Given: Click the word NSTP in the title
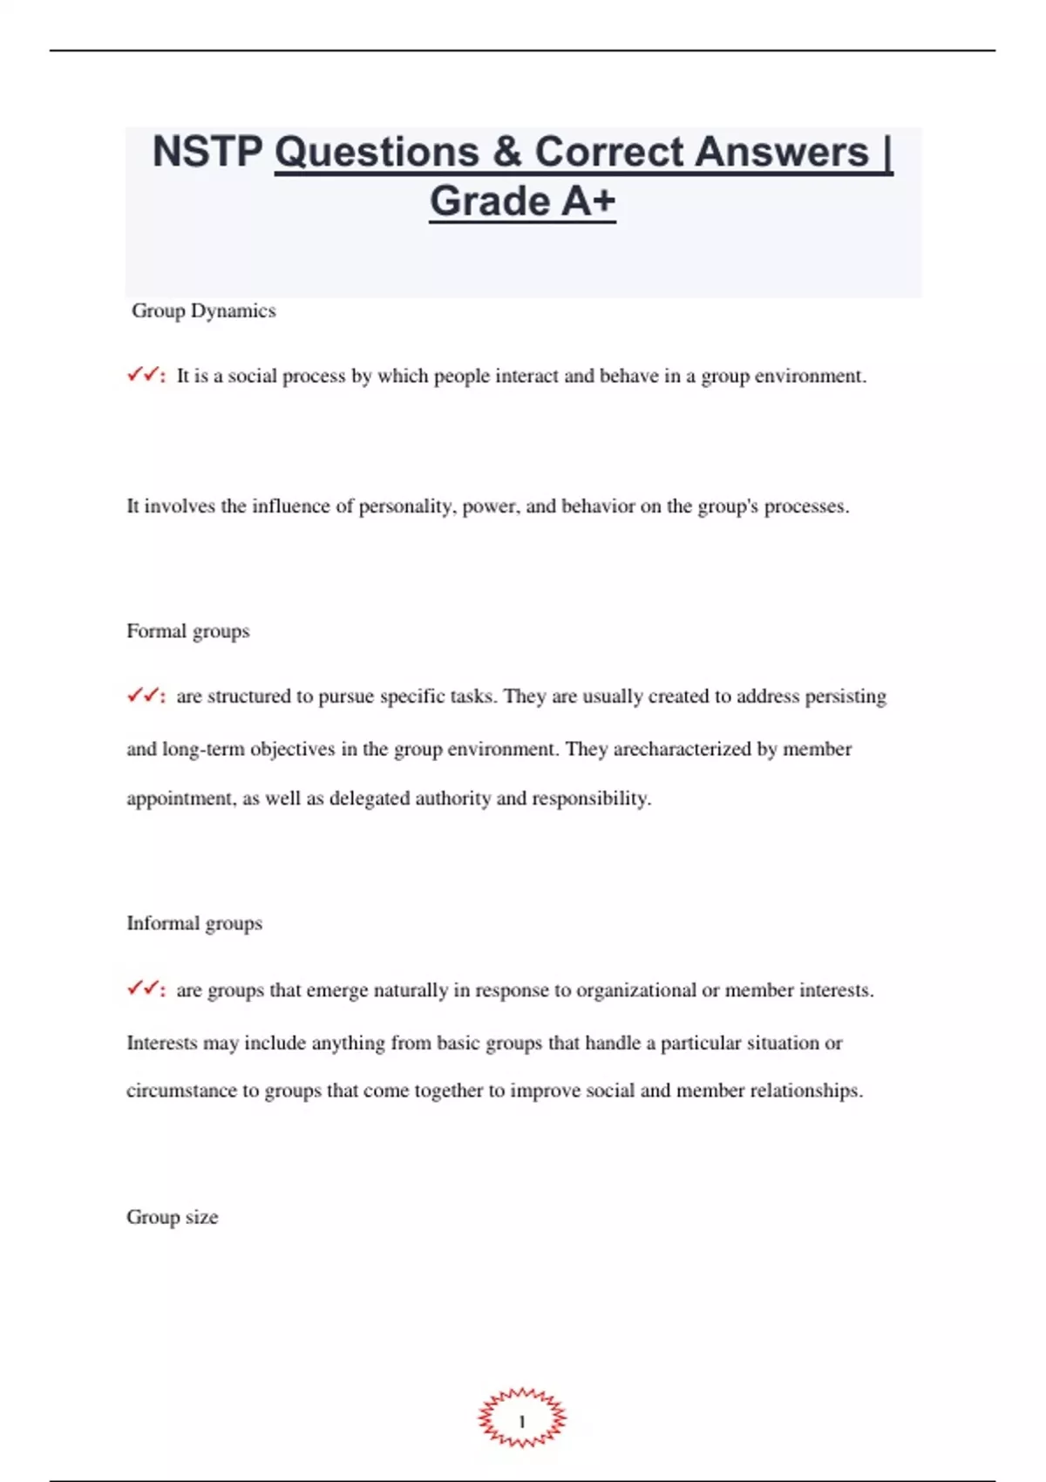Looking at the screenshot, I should pyautogui.click(x=207, y=152).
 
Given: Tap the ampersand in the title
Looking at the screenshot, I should pyautogui.click(x=506, y=152).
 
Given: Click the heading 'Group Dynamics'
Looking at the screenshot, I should pyautogui.click(x=203, y=311).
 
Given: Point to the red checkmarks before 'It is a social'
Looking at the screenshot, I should pyautogui.click(x=144, y=376).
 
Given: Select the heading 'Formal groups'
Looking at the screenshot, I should pyautogui.click(x=187, y=631).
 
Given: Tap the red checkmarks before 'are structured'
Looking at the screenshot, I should pyautogui.click(x=144, y=696).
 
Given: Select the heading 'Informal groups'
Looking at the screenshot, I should pyautogui.click(x=194, y=923).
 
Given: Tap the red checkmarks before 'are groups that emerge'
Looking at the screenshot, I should pyautogui.click(x=144, y=989).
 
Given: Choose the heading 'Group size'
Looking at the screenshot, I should pyautogui.click(x=172, y=1217).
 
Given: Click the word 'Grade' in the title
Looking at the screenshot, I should pyautogui.click(x=490, y=201).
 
